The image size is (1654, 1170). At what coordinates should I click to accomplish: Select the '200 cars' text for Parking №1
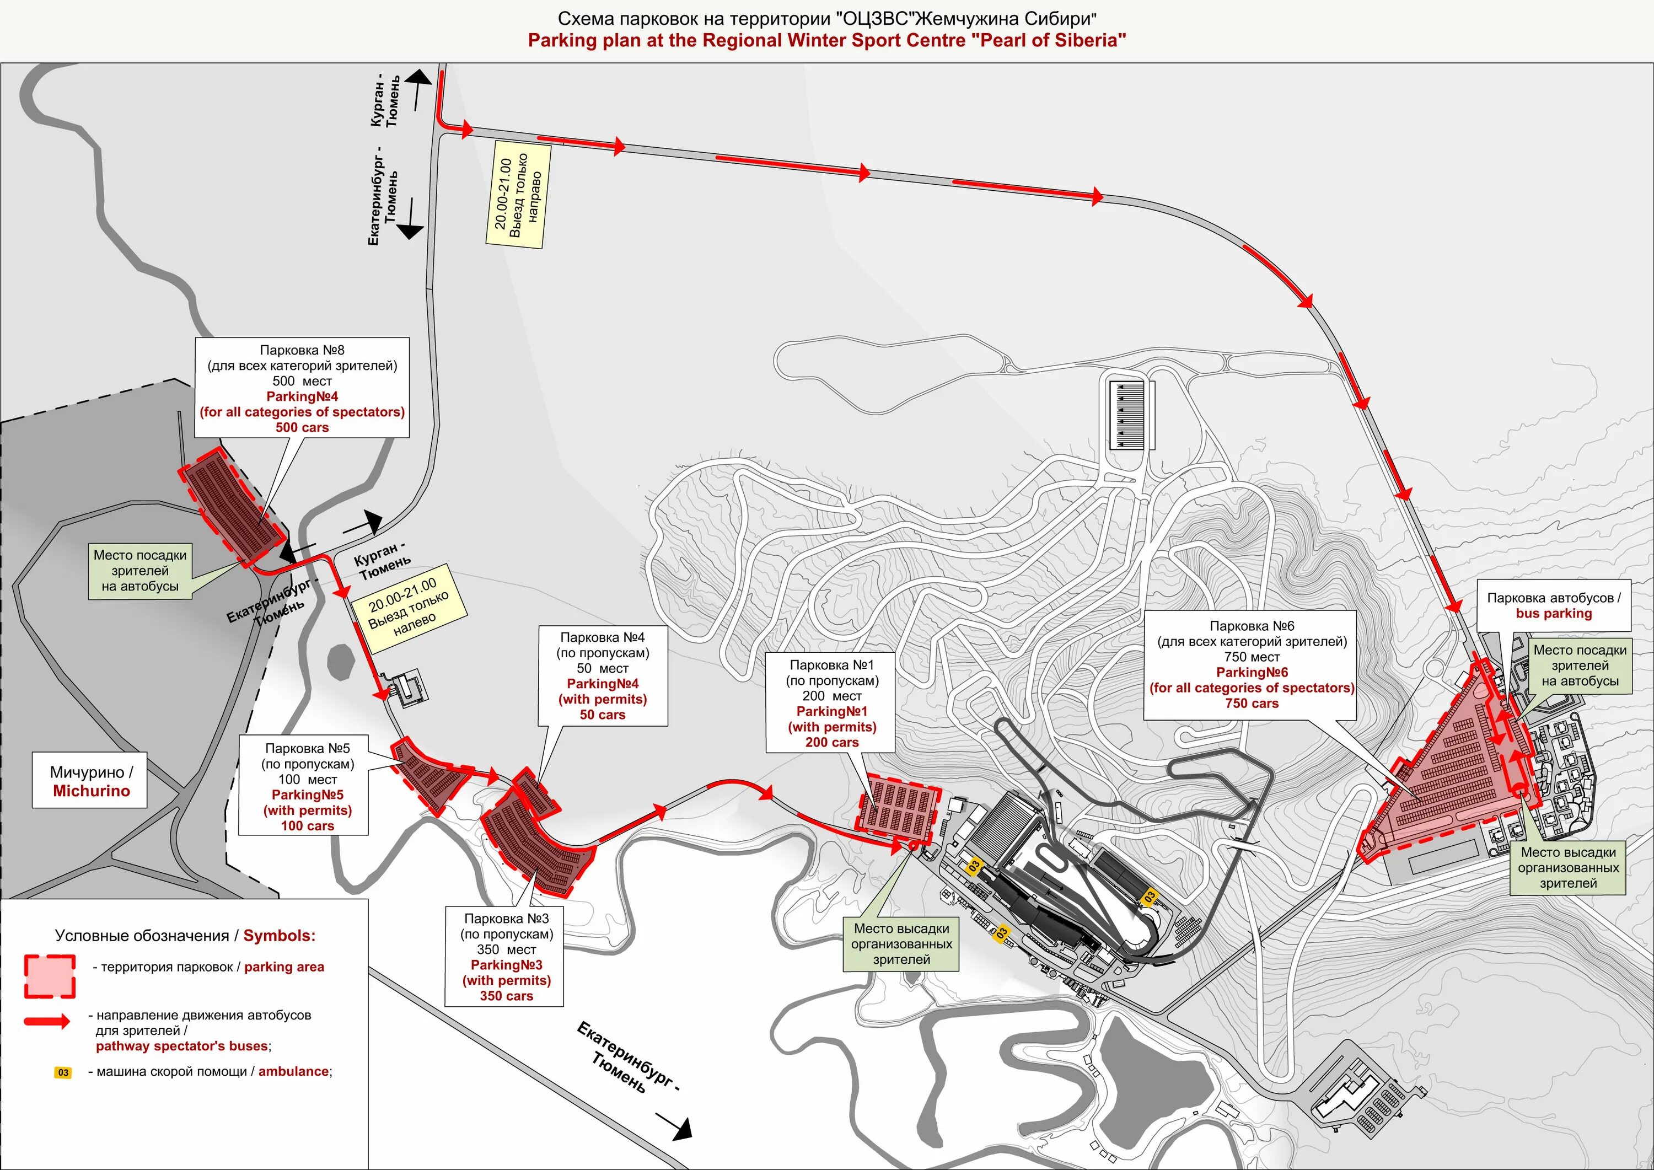tap(831, 743)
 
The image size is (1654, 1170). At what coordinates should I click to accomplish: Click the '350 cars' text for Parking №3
tap(507, 996)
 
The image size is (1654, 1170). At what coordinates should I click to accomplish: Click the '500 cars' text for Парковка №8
tap(302, 428)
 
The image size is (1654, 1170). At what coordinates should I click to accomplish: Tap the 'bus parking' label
tap(1553, 614)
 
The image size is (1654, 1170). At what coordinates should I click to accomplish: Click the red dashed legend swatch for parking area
tap(50, 977)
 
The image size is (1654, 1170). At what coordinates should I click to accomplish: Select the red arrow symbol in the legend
tap(47, 1021)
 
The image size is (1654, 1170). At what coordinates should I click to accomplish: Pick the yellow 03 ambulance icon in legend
tap(63, 1073)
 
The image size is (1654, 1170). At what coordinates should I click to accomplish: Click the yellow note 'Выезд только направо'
tap(517, 195)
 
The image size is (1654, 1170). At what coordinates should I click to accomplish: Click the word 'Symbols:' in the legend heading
tap(280, 936)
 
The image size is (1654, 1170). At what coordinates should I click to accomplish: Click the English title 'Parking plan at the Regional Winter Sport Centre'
tap(826, 40)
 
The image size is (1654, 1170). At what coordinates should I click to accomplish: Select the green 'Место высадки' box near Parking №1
tap(901, 944)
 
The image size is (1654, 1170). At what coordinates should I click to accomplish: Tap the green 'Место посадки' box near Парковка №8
tap(139, 571)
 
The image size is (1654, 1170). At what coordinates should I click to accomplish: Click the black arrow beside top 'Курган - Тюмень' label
tap(417, 89)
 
